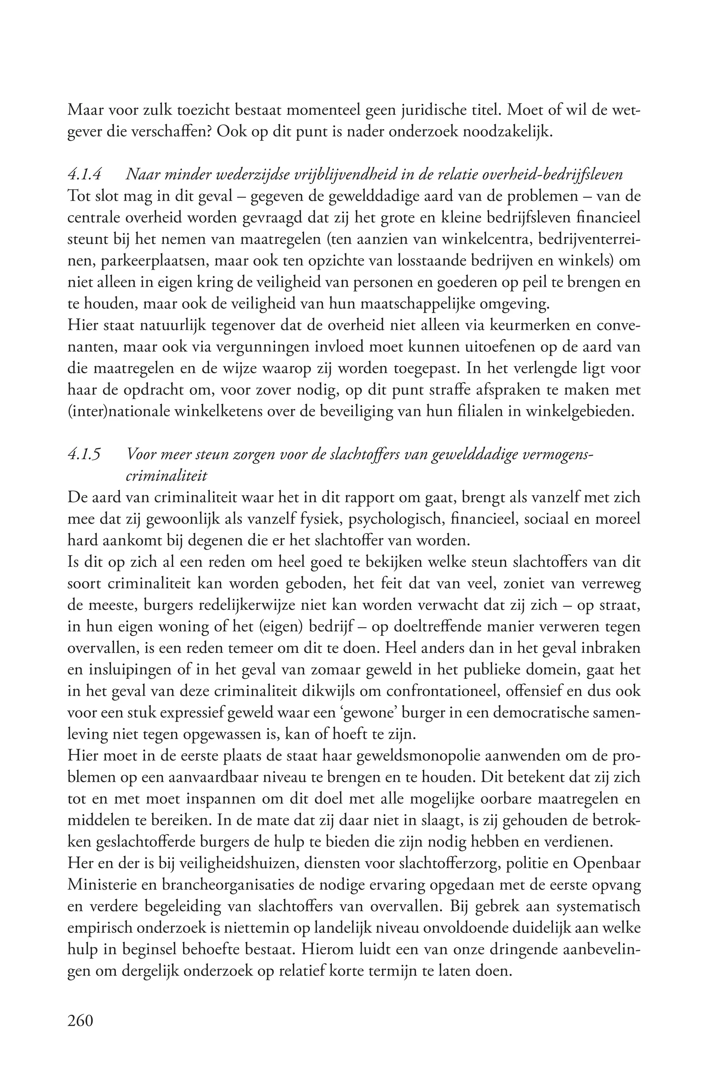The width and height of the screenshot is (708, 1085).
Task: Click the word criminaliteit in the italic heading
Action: click(166, 476)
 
